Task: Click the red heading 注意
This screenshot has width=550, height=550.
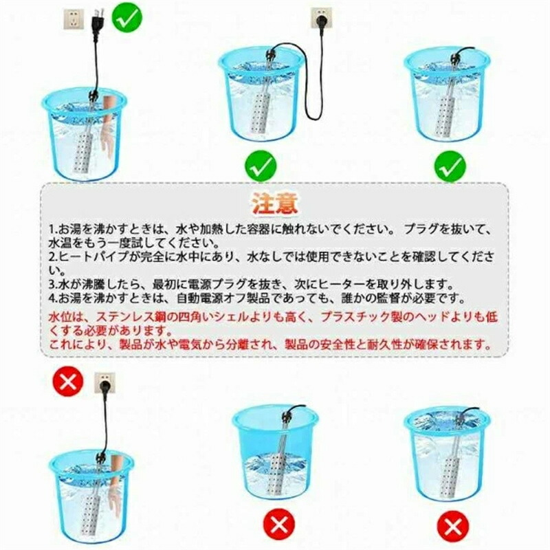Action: point(276,203)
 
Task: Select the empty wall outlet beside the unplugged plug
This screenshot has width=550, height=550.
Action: point(74,19)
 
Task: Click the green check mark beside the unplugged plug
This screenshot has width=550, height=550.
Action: point(127,18)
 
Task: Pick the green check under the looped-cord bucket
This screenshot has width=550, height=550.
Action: point(261,166)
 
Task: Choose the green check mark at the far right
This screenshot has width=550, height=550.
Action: point(450,166)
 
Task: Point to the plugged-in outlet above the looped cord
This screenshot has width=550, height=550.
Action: point(322,19)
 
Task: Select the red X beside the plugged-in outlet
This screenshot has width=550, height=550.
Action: point(67,382)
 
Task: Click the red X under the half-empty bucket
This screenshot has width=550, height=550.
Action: point(279,525)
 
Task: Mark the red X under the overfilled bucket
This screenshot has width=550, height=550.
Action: point(452,525)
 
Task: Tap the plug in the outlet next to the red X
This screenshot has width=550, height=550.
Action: point(104,386)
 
